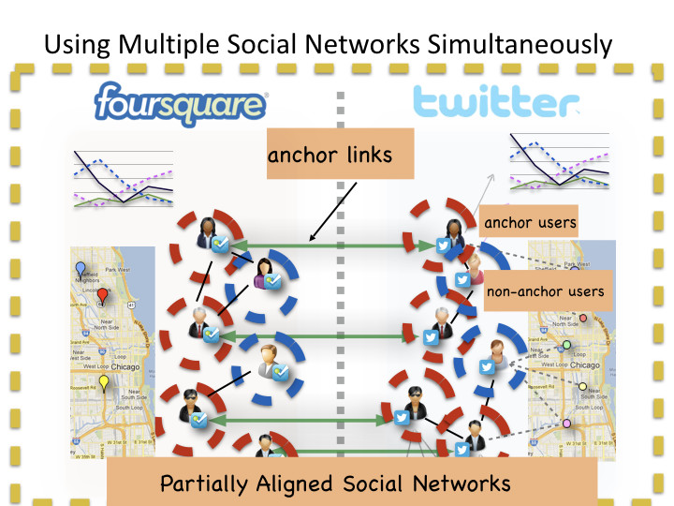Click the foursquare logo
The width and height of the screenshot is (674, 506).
pos(181,101)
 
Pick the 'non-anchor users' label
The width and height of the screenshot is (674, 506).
pos(546,291)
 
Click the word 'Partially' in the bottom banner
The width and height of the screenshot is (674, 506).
pos(205,484)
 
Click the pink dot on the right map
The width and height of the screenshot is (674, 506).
pos(565,424)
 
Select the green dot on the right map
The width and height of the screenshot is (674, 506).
pos(566,346)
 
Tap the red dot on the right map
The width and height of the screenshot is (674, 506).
pos(584,318)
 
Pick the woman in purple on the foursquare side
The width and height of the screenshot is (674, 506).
pos(263,271)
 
